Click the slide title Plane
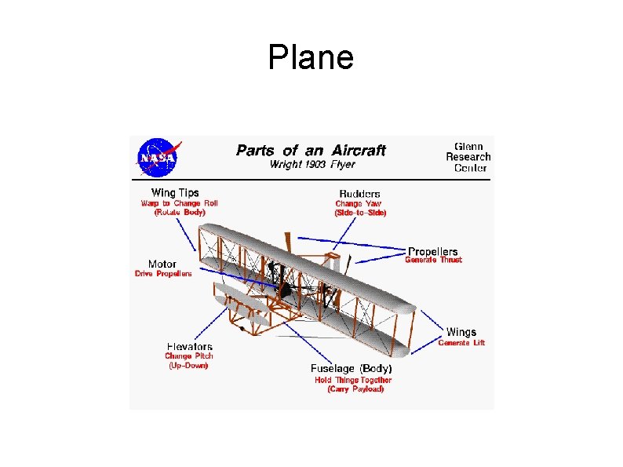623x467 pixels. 311,57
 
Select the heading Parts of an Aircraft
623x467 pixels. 311,150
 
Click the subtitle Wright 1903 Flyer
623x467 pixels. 311,165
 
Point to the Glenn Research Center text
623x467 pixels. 468,156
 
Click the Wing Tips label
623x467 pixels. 175,192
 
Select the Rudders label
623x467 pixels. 359,193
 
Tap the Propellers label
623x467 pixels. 432,251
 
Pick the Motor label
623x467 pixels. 162,264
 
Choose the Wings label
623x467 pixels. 461,332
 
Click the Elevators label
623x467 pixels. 189,346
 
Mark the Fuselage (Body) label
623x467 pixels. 352,368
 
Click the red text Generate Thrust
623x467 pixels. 433,261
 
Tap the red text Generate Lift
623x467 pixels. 461,342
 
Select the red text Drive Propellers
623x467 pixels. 163,274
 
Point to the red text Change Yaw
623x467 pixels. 359,203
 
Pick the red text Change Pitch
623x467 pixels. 189,356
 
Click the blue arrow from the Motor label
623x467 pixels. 235,276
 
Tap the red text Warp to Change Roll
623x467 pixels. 180,202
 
